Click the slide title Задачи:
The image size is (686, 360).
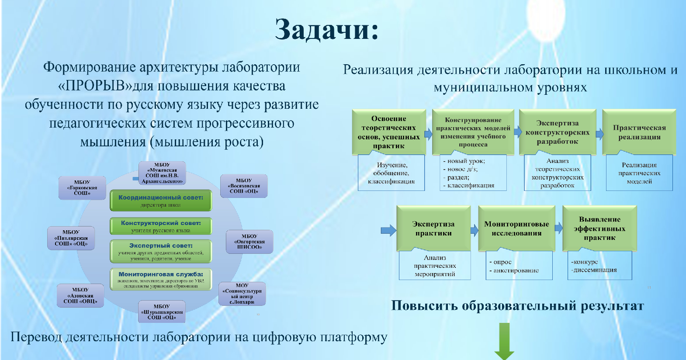pos(326,30)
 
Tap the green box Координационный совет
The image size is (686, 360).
pos(160,201)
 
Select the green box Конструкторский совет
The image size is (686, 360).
pos(160,226)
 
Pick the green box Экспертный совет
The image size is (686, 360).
pos(160,251)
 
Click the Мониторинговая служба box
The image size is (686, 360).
pos(160,279)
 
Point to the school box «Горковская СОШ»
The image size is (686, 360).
pos(82,188)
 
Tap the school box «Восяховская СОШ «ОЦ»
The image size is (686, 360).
pos(244,186)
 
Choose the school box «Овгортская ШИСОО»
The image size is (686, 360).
pos(249,242)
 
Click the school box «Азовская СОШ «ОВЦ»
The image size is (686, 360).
pos(80,295)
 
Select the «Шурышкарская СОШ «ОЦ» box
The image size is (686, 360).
pos(162,312)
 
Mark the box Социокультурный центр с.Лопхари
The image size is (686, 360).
pos(242,294)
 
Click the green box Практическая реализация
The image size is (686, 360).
pos(639,132)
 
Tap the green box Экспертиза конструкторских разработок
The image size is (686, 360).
pos(557,132)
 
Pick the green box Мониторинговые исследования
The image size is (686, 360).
pos(516,228)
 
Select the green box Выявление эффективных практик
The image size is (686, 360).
pos(599,228)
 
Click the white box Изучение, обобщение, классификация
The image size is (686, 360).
pos(391,173)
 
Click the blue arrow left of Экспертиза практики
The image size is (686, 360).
pos(388,230)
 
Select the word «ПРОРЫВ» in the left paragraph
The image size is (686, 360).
pos(95,86)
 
